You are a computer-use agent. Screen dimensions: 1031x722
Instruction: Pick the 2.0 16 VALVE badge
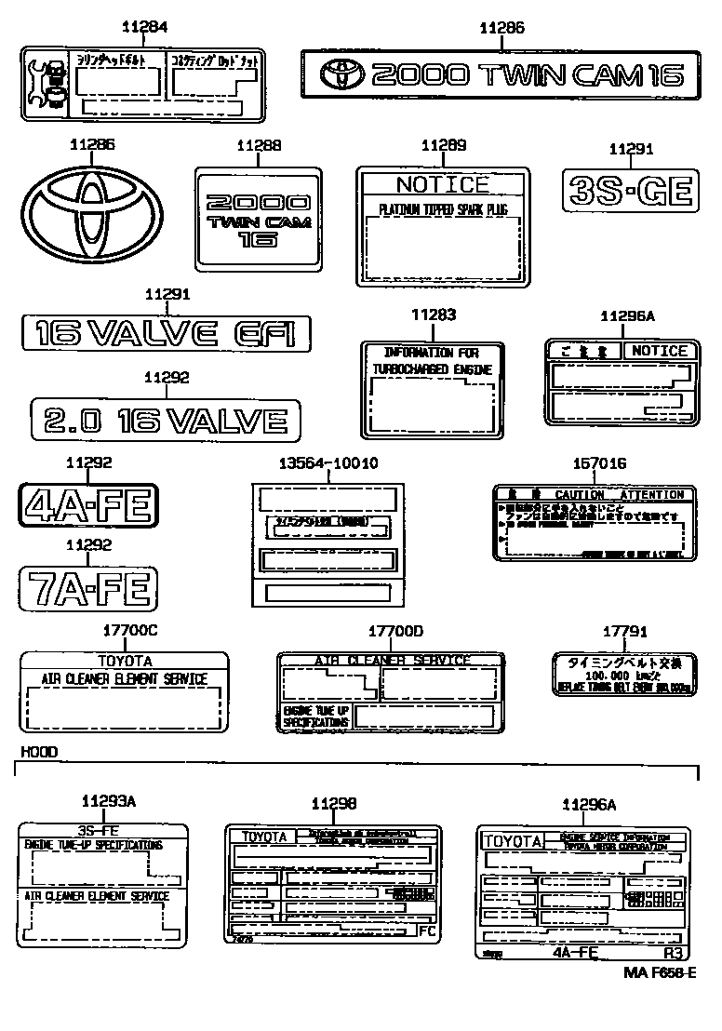[x=166, y=419]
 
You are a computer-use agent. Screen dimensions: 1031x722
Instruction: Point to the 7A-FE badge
[x=89, y=588]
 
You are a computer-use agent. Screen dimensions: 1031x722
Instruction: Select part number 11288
[x=258, y=146]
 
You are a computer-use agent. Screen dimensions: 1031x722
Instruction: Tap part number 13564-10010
[x=328, y=463]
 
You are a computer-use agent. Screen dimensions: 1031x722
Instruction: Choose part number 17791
[x=624, y=632]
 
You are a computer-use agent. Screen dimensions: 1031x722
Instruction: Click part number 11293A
[x=108, y=801]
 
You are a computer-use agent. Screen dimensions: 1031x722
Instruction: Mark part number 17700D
[x=394, y=632]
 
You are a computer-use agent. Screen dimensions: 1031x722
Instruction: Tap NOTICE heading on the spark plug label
[x=442, y=184]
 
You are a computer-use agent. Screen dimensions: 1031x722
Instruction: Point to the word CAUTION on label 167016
[x=579, y=495]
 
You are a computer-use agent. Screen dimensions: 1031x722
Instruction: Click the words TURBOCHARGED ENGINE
[x=432, y=370]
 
